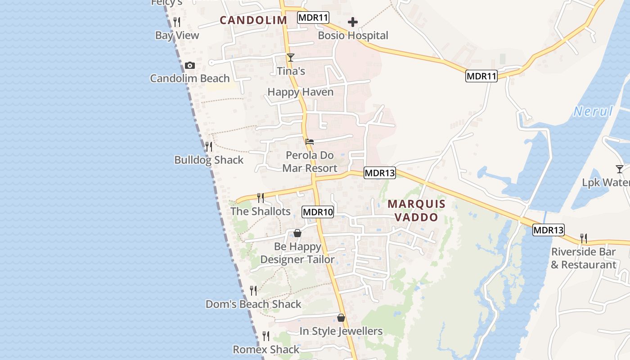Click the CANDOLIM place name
[253, 20]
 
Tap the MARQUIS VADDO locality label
[416, 211]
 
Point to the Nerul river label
[593, 112]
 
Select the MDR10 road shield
[318, 212]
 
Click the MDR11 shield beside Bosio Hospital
[313, 18]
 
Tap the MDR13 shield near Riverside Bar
[548, 230]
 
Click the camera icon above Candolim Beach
[190, 66]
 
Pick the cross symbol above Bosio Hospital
[353, 22]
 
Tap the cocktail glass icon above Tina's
[291, 57]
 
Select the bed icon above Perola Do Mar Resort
[310, 141]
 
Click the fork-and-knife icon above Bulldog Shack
[209, 147]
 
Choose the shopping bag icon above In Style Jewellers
[341, 318]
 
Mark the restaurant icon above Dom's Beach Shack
[253, 291]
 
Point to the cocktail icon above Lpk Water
[620, 169]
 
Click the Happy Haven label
[301, 92]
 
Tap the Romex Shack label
[266, 349]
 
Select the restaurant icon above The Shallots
[260, 198]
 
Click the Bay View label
[177, 35]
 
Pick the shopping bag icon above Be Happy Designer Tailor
[297, 233]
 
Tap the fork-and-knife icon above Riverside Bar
[584, 238]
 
